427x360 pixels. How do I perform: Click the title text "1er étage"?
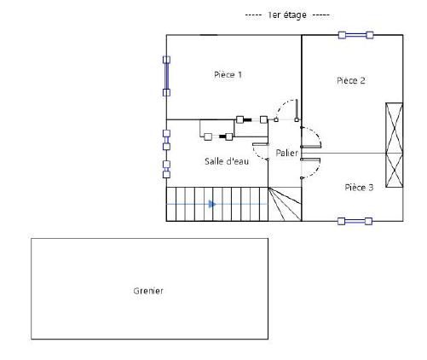click(x=287, y=15)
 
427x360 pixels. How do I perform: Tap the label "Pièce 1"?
click(x=228, y=75)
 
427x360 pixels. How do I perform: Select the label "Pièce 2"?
click(x=351, y=80)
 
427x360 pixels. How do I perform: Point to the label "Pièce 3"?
click(x=359, y=188)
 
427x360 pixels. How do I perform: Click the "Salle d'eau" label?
click(x=227, y=161)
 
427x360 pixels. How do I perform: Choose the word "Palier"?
click(x=286, y=153)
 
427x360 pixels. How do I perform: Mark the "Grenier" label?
click(x=148, y=291)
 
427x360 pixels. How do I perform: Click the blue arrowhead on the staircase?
click(x=212, y=204)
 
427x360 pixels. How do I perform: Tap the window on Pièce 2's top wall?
click(x=355, y=35)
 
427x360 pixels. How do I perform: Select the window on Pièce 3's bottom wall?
click(x=355, y=221)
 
